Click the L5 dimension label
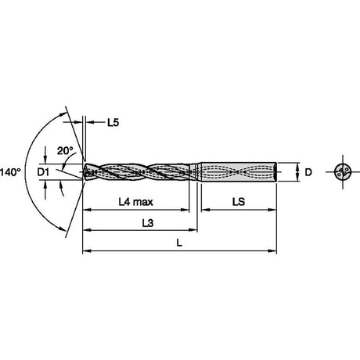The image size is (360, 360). (113, 122)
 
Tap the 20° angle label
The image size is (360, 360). (65, 150)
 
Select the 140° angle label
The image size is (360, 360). (10, 172)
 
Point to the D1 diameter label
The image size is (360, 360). (43, 172)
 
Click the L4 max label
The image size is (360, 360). (135, 202)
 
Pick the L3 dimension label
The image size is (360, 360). (148, 223)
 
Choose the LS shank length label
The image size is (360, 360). (239, 202)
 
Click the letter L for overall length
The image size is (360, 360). (179, 243)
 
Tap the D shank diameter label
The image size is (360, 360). (308, 172)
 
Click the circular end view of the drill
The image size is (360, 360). (343, 172)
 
